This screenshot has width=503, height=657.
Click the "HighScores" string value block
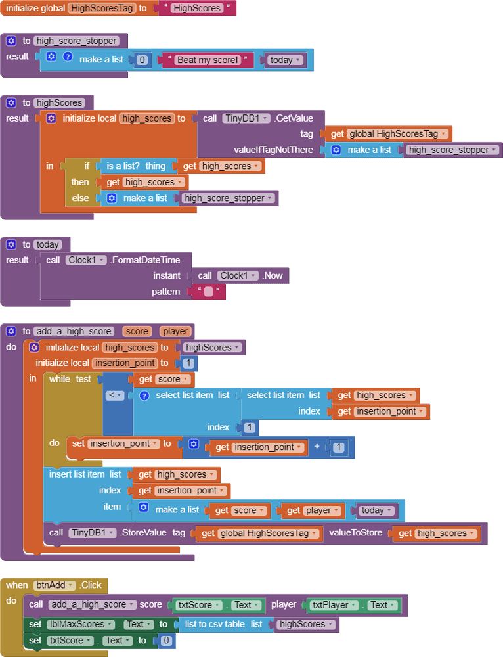(x=196, y=9)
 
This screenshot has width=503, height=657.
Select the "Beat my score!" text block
(x=208, y=60)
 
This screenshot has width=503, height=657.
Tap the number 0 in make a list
(x=142, y=60)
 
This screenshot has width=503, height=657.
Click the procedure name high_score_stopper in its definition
(x=77, y=41)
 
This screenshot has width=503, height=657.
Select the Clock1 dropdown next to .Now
(x=238, y=275)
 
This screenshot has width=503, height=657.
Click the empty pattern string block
(x=208, y=292)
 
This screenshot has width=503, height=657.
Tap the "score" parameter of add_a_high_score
(x=137, y=332)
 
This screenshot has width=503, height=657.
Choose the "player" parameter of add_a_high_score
(x=175, y=332)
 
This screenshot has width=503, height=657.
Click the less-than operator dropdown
(x=116, y=396)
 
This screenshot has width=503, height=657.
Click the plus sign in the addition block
(x=317, y=447)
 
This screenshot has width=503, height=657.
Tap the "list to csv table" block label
(x=214, y=624)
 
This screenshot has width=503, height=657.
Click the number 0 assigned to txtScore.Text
(x=167, y=641)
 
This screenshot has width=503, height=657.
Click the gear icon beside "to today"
(x=11, y=245)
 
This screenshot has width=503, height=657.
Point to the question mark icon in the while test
(x=144, y=396)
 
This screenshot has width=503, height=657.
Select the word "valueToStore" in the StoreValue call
(x=355, y=533)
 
